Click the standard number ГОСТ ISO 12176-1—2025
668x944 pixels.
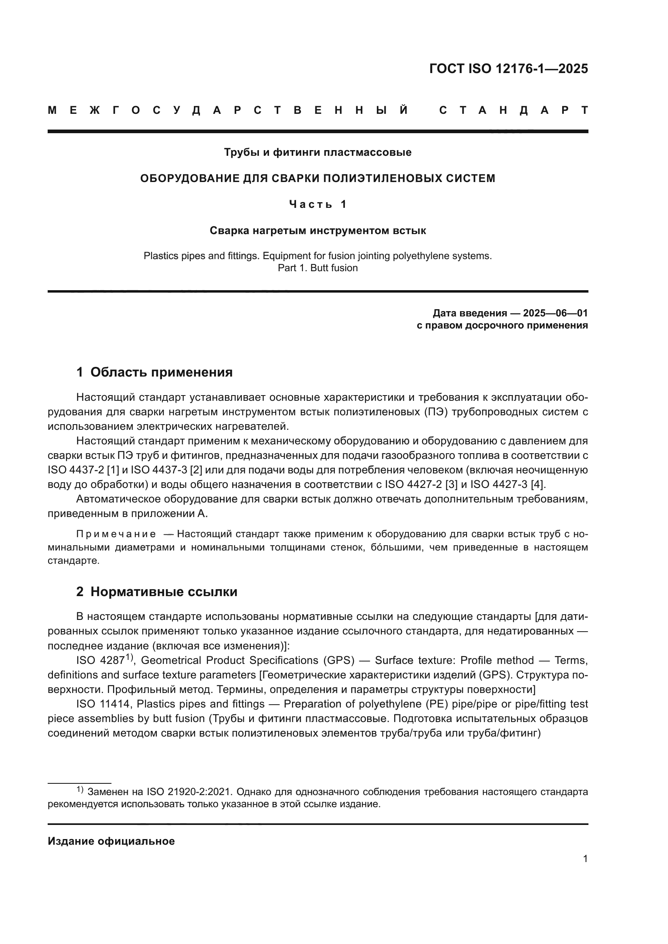[x=508, y=68]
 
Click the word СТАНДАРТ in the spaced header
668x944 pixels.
[x=513, y=110]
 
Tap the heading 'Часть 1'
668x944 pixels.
[x=317, y=204]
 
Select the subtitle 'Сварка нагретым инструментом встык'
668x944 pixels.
[x=317, y=231]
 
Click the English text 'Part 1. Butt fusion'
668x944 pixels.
[x=317, y=268]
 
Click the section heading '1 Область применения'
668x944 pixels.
[x=154, y=372]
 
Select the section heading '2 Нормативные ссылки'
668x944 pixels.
[x=157, y=592]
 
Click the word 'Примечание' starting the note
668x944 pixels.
[x=116, y=534]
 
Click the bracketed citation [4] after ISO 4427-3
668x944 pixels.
[x=537, y=484]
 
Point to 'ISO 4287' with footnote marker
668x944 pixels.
[x=101, y=660]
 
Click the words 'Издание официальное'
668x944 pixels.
[x=111, y=841]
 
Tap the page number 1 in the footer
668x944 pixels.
[x=585, y=859]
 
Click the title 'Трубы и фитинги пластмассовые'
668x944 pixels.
[x=317, y=153]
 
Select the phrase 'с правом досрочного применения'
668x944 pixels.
[x=502, y=326]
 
